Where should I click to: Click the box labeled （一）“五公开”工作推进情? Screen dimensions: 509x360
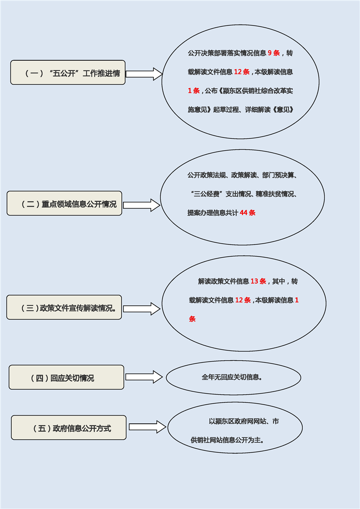(68, 73)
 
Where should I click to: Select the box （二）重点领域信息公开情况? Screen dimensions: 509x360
(64, 203)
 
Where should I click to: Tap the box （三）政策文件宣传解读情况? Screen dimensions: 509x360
(64, 308)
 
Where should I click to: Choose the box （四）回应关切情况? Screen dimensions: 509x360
(66, 377)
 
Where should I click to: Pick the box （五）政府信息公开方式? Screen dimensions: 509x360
(69, 428)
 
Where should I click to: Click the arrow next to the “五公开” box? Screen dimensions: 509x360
(144, 74)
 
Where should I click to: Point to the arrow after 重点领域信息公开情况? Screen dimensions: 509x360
(142, 205)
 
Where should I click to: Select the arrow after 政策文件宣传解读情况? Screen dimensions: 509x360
(142, 309)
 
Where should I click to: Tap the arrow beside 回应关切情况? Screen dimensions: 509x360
(144, 377)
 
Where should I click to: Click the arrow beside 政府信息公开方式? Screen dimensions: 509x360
(148, 427)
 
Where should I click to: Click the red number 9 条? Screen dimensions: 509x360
(274, 53)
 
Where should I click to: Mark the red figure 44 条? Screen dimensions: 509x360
(247, 212)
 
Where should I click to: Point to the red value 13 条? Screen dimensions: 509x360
(258, 281)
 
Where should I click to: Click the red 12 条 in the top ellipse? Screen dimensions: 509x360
(242, 72)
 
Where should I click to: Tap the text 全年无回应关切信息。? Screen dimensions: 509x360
(232, 377)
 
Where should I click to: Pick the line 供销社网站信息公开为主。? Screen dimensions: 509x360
(227, 440)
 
